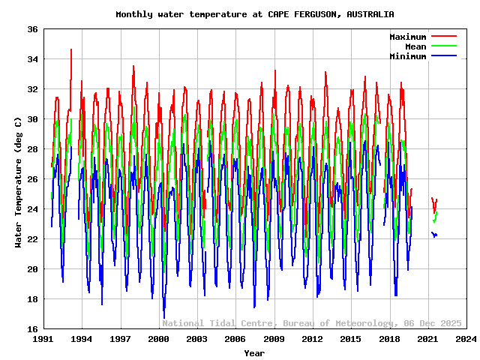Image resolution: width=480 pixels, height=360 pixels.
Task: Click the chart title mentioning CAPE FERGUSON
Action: point(254,14)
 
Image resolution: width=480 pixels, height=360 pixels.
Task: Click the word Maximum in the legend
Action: point(407,37)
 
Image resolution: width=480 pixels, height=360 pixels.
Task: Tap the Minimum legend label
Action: point(407,56)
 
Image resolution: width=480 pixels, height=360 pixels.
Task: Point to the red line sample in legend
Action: point(443,36)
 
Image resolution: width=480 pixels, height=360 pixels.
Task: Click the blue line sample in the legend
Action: point(443,55)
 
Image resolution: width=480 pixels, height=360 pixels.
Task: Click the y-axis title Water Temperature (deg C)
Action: point(18,181)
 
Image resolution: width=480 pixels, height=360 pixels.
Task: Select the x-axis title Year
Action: point(254,352)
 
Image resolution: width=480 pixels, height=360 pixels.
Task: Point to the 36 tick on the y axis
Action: point(32,29)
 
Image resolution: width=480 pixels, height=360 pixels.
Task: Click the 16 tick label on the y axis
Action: point(32,329)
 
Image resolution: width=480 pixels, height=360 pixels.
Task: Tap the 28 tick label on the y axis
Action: point(32,149)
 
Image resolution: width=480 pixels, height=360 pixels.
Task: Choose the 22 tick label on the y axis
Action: point(32,239)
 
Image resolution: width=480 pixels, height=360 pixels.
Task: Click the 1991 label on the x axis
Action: point(43,339)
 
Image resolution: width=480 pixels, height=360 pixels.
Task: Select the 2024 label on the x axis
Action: point(466,339)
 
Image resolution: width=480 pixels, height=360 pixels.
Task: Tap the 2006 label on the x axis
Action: point(235,339)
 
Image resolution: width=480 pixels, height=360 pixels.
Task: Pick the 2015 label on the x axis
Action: point(351,339)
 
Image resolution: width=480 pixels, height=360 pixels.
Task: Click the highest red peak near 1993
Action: point(71,50)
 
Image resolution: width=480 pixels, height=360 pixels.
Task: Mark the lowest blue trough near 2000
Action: point(163,316)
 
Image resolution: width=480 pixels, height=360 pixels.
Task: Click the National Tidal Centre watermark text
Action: point(312,323)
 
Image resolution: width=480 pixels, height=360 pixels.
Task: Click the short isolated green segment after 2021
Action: point(435,217)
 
